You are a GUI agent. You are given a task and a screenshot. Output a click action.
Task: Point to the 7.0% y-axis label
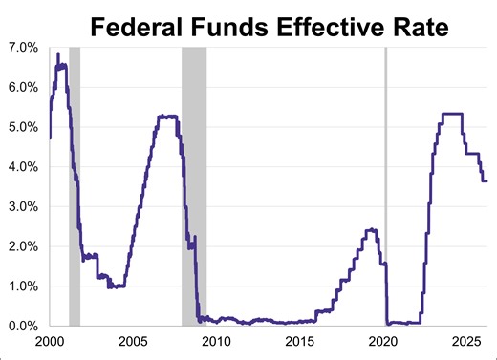tap(22, 47)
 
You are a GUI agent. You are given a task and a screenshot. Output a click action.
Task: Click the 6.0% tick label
tap(22, 87)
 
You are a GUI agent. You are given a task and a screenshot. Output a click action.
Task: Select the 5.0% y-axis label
tap(22, 127)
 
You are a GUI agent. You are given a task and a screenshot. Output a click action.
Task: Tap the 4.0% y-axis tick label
tap(22, 167)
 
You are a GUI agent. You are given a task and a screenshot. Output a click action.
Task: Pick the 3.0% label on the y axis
tap(22, 206)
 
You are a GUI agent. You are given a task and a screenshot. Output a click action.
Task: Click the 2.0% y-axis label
tap(22, 246)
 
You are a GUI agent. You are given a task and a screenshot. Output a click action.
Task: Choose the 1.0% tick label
tap(22, 286)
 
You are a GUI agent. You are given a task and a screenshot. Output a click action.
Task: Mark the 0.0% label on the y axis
tap(22, 326)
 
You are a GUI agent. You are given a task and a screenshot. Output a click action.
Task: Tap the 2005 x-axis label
tap(132, 342)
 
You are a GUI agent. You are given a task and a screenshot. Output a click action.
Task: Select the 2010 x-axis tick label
tap(216, 342)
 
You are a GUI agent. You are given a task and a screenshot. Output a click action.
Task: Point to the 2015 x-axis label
tap(299, 342)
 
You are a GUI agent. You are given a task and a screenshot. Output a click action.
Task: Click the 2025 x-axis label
tap(465, 342)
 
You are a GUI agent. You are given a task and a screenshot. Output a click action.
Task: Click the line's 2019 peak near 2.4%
tap(371, 229)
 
